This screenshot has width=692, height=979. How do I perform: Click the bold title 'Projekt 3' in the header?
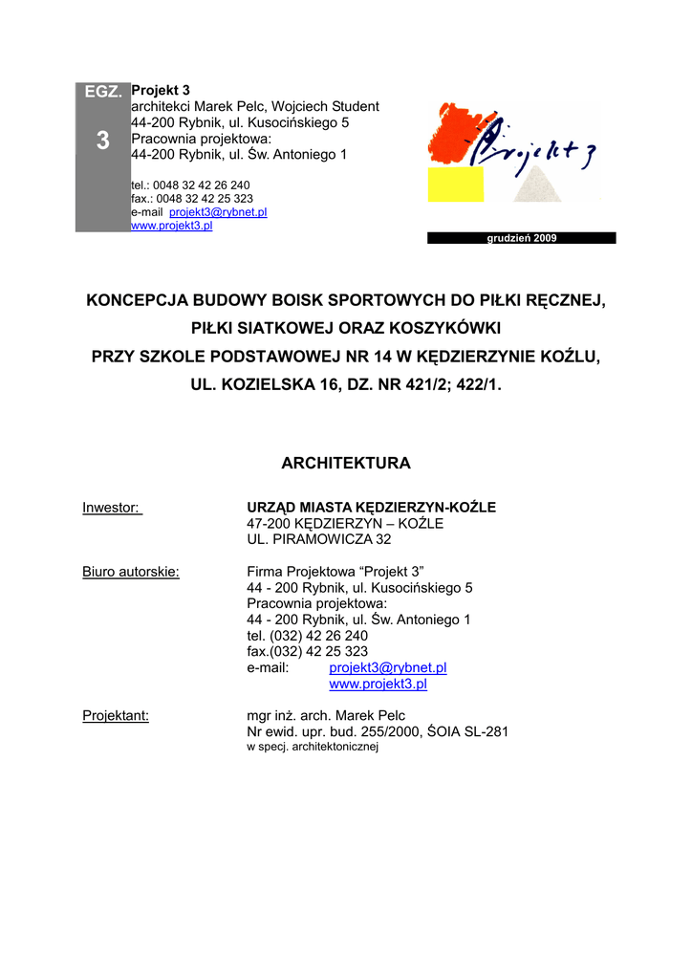160,91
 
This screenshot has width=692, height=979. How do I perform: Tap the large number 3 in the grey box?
102,141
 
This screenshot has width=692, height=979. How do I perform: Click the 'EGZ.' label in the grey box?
102,93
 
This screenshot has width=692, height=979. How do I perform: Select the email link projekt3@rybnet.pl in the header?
218,212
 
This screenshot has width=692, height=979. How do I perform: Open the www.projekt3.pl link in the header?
171,226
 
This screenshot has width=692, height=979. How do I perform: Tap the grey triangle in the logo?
537,183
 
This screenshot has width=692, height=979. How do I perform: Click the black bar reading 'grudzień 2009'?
521,238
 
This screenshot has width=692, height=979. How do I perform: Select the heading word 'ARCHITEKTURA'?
346,464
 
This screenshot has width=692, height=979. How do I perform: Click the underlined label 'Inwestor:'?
112,508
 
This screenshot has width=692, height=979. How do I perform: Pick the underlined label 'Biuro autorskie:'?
131,572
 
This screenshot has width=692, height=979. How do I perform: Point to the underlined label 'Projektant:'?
116,715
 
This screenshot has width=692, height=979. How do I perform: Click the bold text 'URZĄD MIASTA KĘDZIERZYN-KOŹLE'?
371,508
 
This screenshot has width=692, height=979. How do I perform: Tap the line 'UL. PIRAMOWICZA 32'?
312,539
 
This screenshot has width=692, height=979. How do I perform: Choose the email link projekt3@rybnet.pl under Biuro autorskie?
388,668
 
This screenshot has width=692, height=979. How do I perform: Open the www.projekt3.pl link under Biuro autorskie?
378,685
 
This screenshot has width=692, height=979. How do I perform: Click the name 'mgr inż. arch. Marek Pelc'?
326,715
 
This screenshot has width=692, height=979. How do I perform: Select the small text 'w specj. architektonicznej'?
313,747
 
